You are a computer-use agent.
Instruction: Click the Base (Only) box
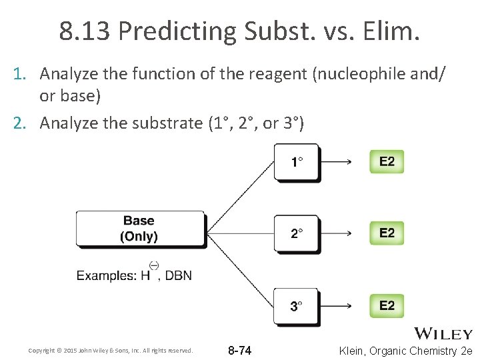(139, 228)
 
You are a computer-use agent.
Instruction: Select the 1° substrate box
(297, 162)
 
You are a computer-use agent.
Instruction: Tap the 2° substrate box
(297, 233)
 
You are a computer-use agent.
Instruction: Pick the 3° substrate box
(297, 306)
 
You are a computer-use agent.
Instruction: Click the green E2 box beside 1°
(387, 161)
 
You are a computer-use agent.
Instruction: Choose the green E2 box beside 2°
(387, 233)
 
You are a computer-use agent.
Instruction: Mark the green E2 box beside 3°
(387, 305)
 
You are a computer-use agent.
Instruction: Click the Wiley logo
(443, 333)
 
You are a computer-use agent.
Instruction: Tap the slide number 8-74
(240, 351)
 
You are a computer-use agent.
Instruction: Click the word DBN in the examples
(178, 275)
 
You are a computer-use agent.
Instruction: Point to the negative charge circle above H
(153, 266)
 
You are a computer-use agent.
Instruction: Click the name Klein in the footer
(356, 351)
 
